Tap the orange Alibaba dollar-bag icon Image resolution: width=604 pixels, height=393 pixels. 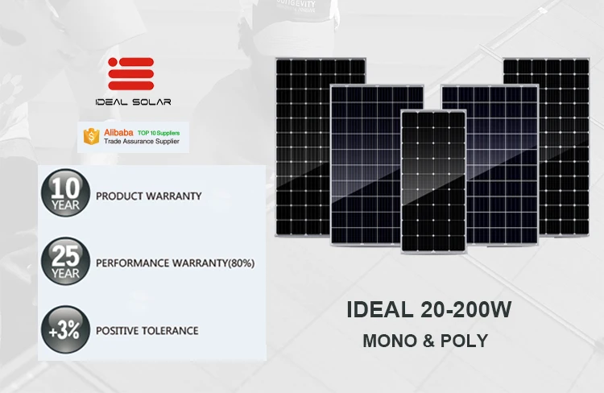[91, 136]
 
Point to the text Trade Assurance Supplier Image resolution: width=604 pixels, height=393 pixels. [143, 142]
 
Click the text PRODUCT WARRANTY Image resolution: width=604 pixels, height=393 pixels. [148, 196]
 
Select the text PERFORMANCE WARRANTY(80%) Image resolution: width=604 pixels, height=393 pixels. [175, 263]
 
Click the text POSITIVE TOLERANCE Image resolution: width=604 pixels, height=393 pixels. [147, 331]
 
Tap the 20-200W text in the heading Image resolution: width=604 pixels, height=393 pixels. [466, 309]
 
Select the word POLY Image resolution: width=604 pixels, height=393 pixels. [466, 341]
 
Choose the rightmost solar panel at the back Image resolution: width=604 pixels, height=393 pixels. [545, 145]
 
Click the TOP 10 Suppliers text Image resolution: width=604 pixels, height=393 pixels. [159, 130]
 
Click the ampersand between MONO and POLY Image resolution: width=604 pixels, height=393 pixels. [427, 341]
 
